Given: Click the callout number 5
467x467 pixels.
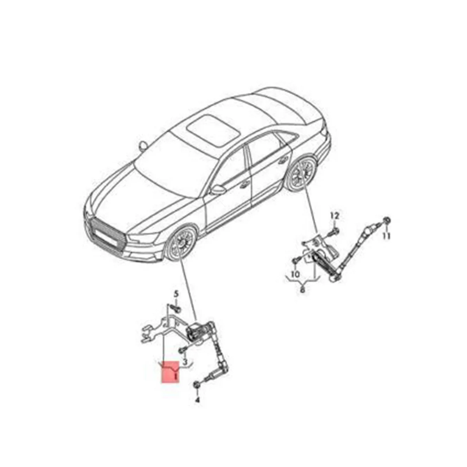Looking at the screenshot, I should pos(176,294).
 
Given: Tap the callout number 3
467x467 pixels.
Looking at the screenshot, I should pos(185,362).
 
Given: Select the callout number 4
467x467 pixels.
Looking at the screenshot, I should pos(197,400).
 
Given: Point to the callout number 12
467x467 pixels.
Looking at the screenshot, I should pos(335,215).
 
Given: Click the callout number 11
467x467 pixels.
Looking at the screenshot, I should pos(386,236).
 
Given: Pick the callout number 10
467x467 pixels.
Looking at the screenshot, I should pos(295,274).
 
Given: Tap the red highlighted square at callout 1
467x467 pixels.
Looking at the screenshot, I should pos(170,372).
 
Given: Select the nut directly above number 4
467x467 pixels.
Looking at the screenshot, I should pos(197,385).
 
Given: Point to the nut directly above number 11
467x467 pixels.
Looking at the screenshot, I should pos(386,221).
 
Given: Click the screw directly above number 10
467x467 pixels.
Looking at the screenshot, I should pos(295,260).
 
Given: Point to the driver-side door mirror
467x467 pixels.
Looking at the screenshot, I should pos(218,190).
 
